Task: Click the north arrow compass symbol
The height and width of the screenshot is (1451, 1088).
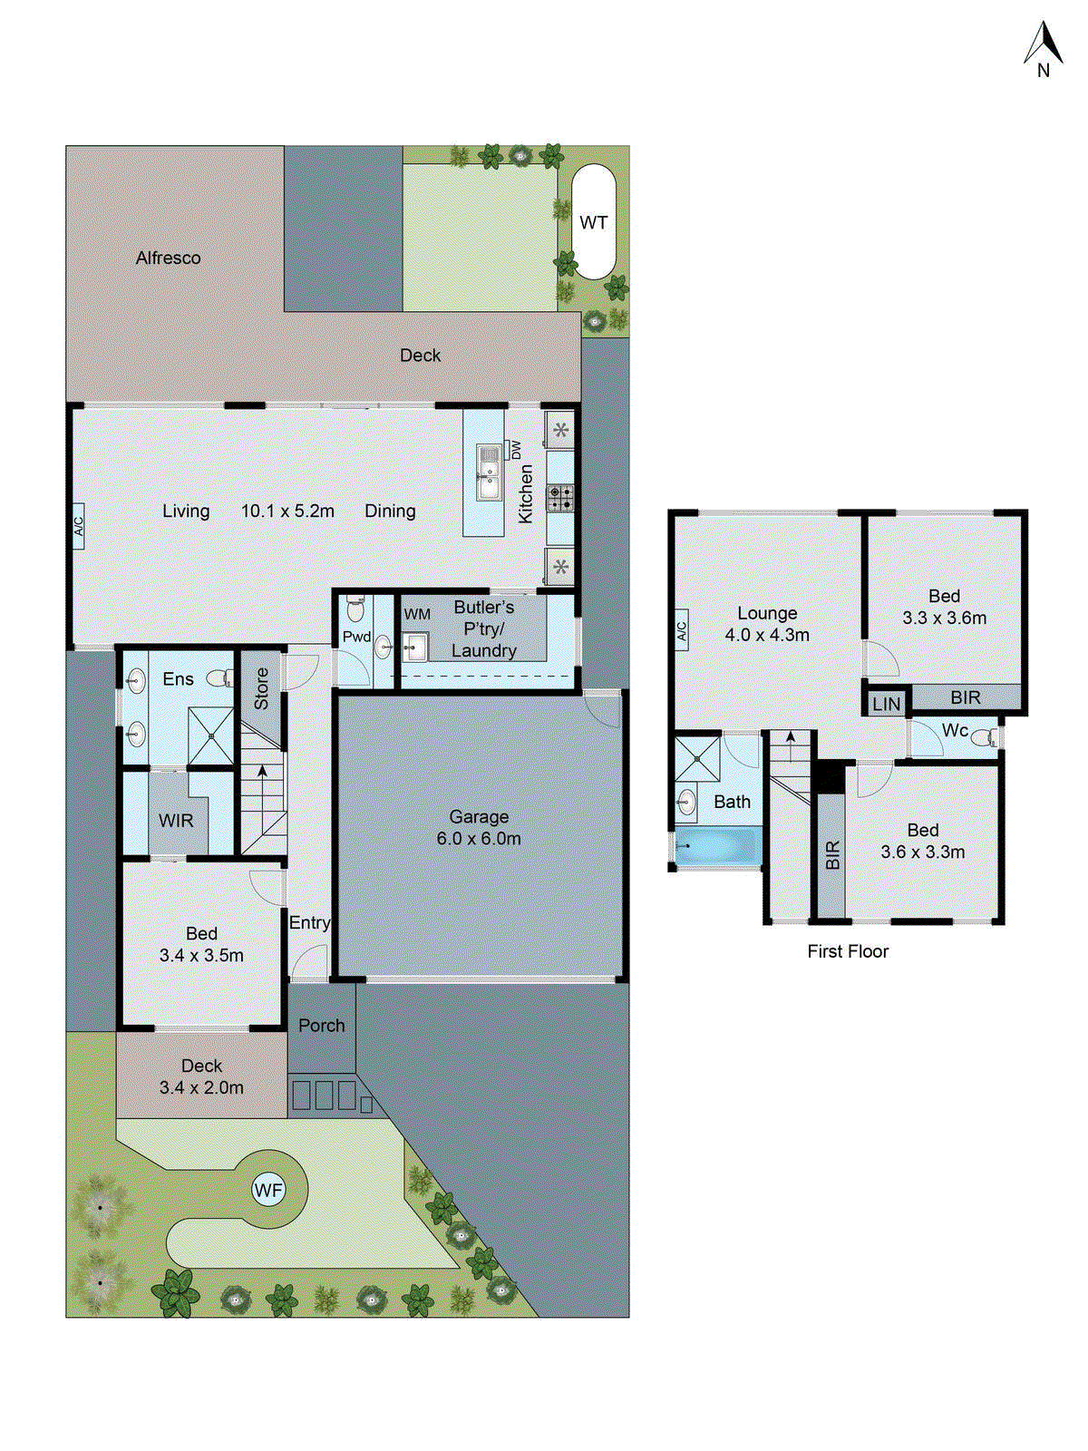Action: [x=1043, y=50]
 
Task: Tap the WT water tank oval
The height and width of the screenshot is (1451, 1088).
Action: [x=594, y=222]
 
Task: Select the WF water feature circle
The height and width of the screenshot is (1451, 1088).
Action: [x=268, y=1190]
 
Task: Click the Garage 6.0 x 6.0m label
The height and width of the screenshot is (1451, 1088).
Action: [x=479, y=827]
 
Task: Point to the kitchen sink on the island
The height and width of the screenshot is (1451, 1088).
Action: [x=489, y=472]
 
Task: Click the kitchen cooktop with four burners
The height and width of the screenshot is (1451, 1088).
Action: [x=560, y=497]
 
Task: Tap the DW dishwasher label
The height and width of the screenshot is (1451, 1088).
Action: [x=516, y=450]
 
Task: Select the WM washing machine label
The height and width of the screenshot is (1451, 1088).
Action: [x=417, y=615]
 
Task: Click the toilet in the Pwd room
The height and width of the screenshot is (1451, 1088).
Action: [x=355, y=609]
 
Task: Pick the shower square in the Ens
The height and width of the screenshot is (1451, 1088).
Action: [x=210, y=736]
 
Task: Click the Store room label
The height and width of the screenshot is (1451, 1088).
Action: [x=261, y=689]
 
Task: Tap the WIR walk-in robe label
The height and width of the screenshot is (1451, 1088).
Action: [x=176, y=821]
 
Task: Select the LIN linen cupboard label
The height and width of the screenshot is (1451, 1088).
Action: [x=886, y=704]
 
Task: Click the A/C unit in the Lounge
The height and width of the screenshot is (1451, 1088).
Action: [x=682, y=628]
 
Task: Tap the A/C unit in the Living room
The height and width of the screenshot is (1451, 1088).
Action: [x=79, y=526]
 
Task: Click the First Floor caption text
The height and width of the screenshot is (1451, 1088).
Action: [x=848, y=951]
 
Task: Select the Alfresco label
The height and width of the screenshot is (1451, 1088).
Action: [x=169, y=258]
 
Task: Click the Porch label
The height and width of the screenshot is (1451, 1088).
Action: [x=322, y=1026]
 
